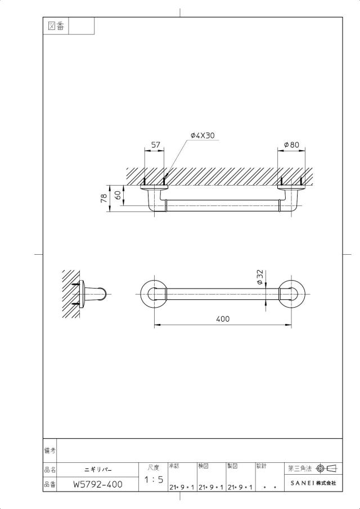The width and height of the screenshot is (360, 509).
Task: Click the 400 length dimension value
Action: tap(223, 319)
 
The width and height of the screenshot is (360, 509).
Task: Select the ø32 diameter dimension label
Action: tap(260, 277)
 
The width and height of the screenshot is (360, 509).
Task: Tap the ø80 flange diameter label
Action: tap(291, 145)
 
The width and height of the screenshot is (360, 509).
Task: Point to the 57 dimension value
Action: tap(156, 145)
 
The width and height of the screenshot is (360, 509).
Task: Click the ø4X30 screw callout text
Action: tap(202, 136)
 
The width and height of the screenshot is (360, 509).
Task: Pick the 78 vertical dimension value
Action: tap(104, 198)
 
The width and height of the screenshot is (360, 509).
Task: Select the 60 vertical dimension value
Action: tap(118, 195)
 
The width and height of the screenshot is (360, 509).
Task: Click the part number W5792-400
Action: tap(98, 485)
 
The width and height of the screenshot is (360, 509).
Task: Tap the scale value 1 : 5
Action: tap(154, 479)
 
